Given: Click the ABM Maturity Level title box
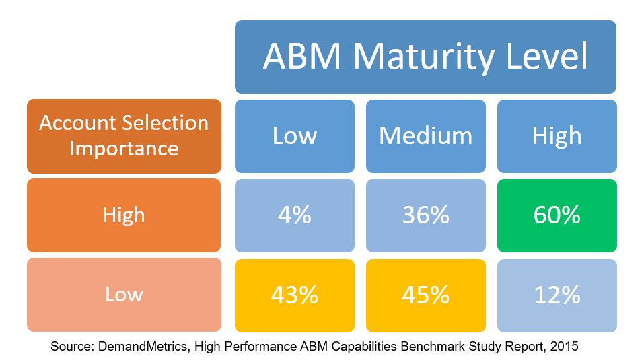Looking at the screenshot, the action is coord(425,57).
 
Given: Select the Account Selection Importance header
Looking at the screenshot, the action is coord(124,136).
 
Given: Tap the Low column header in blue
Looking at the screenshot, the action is coord(295,136).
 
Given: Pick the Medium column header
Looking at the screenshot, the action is coord(426,136).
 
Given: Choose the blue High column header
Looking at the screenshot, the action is coord(557,136).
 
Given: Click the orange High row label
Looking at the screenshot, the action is coord(124,215).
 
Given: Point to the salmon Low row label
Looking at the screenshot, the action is coord(124,295).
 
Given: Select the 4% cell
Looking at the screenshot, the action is coord(295,215).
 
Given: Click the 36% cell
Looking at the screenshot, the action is coord(426,215).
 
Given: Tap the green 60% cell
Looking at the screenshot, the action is coord(557,215).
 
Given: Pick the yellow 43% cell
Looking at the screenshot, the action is coord(295,295).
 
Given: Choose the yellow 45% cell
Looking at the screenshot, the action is coord(426,295).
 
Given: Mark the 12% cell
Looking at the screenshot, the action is coord(557,295).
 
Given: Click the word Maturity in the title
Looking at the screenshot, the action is coord(423,57).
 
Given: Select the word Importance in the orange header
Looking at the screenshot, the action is coord(124,148).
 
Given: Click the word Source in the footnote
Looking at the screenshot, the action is coord(72,346).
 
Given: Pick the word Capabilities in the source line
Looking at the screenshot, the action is coord(364,346).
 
